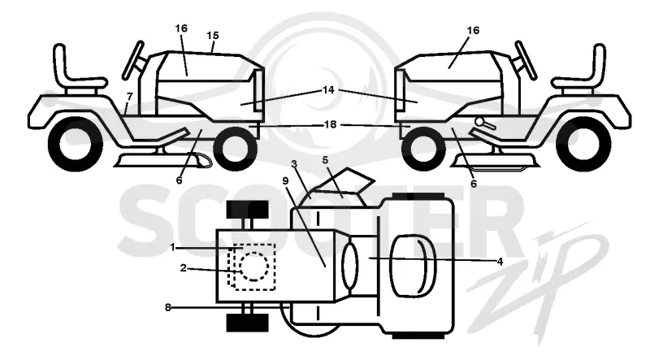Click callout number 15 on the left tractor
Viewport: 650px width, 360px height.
pyautogui.click(x=213, y=36)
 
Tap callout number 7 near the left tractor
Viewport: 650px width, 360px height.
pyautogui.click(x=130, y=97)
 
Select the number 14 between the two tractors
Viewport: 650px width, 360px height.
pyautogui.click(x=328, y=89)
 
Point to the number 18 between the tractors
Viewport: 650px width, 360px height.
pyautogui.click(x=330, y=124)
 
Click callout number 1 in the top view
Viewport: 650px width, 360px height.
pyautogui.click(x=173, y=247)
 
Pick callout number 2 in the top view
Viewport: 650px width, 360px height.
pyautogui.click(x=184, y=268)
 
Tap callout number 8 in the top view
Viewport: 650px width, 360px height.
pyautogui.click(x=168, y=307)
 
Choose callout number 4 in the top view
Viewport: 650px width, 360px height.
pyautogui.click(x=500, y=262)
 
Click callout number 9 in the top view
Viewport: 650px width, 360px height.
pyautogui.click(x=285, y=181)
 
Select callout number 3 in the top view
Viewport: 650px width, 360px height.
pyautogui.click(x=294, y=164)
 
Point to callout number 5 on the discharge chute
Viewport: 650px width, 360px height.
pyautogui.click(x=326, y=159)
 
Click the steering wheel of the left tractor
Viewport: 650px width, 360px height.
pyautogui.click(x=132, y=60)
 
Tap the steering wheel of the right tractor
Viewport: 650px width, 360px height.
pyautogui.click(x=526, y=60)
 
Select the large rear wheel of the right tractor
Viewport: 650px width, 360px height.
pyautogui.click(x=583, y=144)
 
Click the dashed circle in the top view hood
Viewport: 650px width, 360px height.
pyautogui.click(x=253, y=267)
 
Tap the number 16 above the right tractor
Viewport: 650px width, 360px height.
pyautogui.click(x=473, y=30)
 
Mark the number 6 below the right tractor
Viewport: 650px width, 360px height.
pyautogui.click(x=474, y=183)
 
